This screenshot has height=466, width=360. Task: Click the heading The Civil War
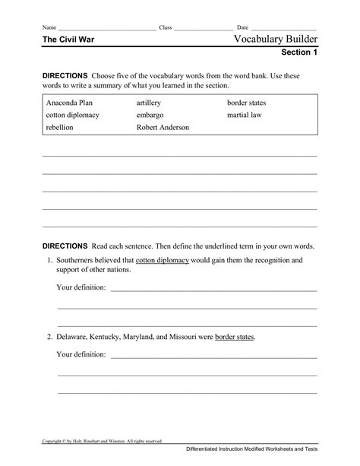(68, 39)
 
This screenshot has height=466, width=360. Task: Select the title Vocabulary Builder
(276, 38)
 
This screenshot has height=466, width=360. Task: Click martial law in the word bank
(244, 114)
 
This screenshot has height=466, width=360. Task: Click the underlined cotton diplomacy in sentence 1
(163, 260)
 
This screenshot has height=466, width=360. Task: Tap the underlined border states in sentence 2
(235, 335)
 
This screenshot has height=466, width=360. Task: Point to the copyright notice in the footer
(103, 440)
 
